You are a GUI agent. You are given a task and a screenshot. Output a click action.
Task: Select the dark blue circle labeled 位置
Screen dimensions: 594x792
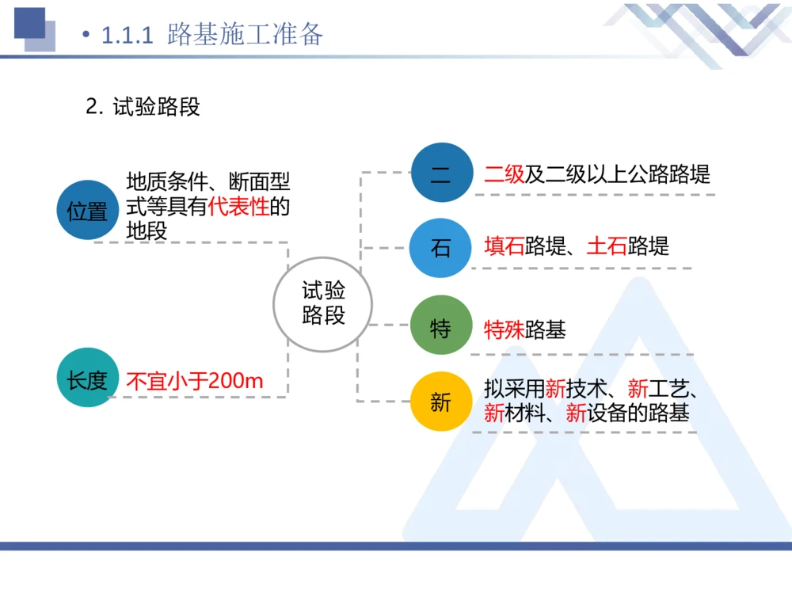87,211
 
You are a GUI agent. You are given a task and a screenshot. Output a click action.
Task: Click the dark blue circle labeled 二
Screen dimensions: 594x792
441,173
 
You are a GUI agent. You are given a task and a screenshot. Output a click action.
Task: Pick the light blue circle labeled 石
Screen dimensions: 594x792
441,248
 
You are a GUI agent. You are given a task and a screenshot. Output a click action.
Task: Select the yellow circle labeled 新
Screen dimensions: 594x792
441,402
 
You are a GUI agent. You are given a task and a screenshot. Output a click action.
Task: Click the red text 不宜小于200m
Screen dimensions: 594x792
195,382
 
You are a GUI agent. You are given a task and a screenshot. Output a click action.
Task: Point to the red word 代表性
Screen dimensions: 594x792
238,208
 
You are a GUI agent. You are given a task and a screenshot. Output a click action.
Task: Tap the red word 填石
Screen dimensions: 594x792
505,246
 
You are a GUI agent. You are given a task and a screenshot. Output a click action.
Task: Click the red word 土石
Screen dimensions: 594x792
607,246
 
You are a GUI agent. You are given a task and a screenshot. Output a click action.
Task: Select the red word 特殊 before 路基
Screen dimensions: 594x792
505,329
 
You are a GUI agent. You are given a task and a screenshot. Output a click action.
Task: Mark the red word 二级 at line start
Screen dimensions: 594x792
505,174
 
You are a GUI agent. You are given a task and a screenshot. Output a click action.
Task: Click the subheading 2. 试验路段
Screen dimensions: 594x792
143,107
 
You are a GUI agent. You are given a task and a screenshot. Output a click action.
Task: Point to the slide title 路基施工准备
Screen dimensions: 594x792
245,35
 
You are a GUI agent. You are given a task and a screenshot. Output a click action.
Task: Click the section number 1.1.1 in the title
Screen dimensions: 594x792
127,36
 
